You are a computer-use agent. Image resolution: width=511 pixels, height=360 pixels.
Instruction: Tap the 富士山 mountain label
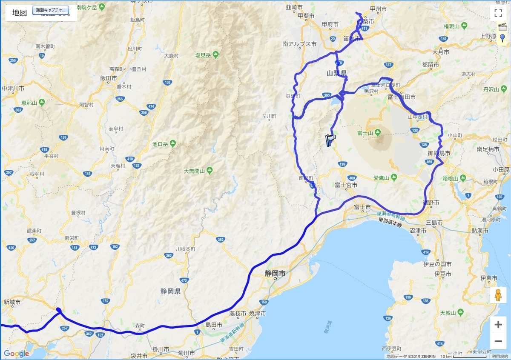[x=365, y=133]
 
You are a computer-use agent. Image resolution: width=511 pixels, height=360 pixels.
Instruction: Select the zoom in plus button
[x=498, y=325]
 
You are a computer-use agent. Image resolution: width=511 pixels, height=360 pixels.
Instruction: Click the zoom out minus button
[x=498, y=341]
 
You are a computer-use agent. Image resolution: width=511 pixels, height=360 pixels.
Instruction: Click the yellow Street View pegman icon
[x=498, y=295]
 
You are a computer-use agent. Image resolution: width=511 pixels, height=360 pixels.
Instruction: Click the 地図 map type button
[x=20, y=12]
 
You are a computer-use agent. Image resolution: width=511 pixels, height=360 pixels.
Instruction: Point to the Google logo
[x=16, y=354]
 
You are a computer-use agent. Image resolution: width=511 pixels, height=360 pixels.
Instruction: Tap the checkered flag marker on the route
[x=330, y=139]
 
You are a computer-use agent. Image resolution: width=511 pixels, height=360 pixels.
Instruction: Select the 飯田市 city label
[x=109, y=78]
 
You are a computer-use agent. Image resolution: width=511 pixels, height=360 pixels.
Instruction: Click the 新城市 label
[x=12, y=302]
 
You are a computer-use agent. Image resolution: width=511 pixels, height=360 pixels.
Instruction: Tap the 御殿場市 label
[x=439, y=153]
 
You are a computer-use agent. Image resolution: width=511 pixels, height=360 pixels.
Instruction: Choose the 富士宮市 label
[x=345, y=185]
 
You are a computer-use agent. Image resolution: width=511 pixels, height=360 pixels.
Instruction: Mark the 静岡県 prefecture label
[x=170, y=291]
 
